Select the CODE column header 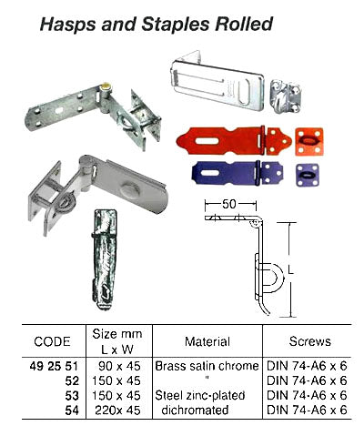(51, 342)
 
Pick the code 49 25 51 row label (51, 364)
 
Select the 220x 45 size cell (111, 411)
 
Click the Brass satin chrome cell (207, 364)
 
